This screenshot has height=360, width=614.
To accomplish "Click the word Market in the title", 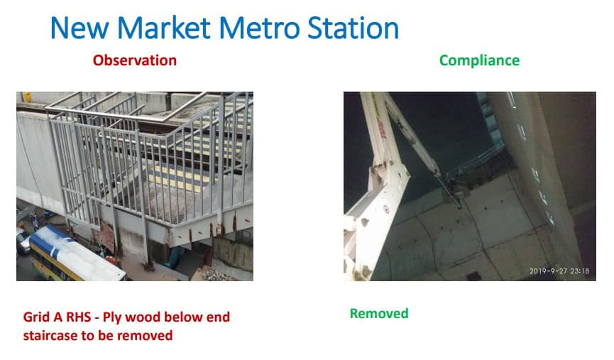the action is click(x=163, y=28).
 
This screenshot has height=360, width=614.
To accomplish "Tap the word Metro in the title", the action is click(x=260, y=28).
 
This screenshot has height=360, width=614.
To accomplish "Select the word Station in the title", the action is click(x=353, y=28).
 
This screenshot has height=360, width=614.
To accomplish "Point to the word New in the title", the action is click(x=80, y=28).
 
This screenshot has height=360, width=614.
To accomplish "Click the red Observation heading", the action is click(x=135, y=60).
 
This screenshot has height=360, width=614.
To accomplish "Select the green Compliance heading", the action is click(x=479, y=60).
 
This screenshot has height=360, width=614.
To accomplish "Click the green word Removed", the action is click(x=379, y=313).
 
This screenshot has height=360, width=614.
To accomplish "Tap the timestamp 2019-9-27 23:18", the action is click(x=559, y=271).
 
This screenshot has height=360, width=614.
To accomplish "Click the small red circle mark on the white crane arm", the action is click(x=386, y=209).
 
